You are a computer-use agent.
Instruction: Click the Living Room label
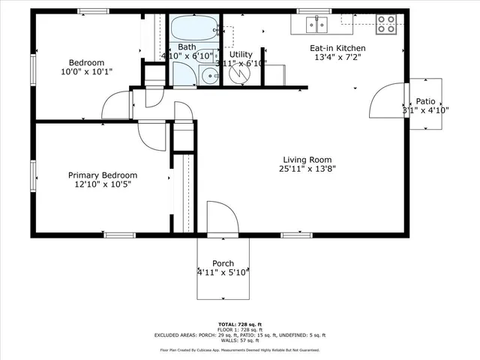tap(307, 159)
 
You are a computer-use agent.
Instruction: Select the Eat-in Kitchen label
tap(337, 47)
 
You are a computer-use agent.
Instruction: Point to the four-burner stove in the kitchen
tap(385, 25)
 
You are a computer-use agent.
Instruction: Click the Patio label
tap(426, 101)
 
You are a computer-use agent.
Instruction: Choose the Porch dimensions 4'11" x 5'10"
tap(223, 273)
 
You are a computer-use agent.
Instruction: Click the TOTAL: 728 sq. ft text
tap(239, 322)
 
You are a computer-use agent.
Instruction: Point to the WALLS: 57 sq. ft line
tap(239, 340)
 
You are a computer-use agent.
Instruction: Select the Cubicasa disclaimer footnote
tap(239, 349)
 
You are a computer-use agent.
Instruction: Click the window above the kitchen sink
tap(315, 11)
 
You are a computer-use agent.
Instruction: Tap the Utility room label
tap(241, 55)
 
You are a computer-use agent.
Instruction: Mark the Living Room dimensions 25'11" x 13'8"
tap(307, 169)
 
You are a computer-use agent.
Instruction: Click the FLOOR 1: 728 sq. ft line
tap(239, 328)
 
